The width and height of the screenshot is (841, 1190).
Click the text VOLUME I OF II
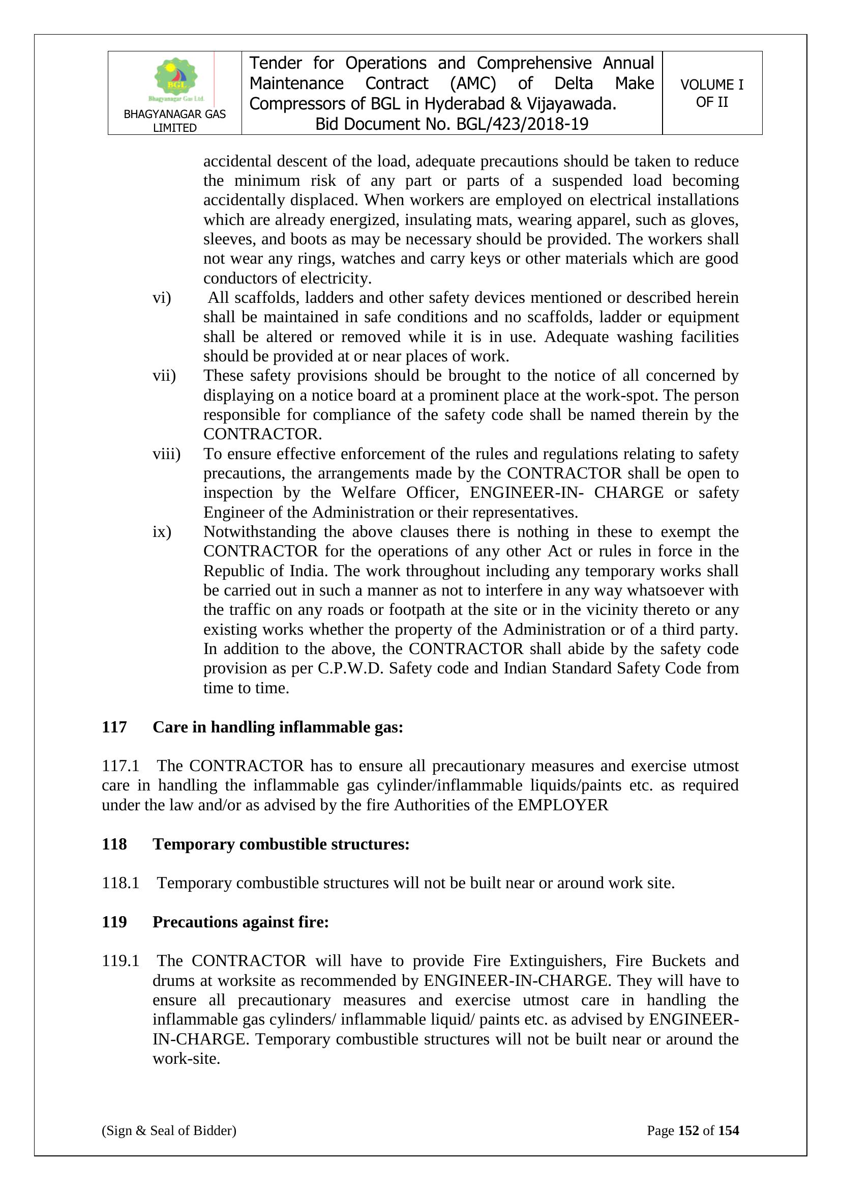pos(711,93)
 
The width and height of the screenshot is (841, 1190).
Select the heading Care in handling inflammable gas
pos(278,727)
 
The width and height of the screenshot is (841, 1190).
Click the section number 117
pos(114,727)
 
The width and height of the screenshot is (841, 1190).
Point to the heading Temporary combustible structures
pos(281,844)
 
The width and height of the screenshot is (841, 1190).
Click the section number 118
pos(114,844)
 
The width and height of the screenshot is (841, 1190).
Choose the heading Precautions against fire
pos(241,922)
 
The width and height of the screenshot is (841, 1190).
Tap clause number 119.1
pos(121,961)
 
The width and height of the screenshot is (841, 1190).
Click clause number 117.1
pos(121,766)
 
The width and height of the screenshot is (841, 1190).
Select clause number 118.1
pos(121,883)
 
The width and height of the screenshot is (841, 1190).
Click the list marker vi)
pos(162,298)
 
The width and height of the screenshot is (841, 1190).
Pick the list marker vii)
pos(164,376)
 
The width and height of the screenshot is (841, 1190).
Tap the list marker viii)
pos(166,454)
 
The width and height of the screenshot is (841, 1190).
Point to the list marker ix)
pos(162,532)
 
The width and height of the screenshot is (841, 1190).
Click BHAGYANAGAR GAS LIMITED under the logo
pos(174,121)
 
